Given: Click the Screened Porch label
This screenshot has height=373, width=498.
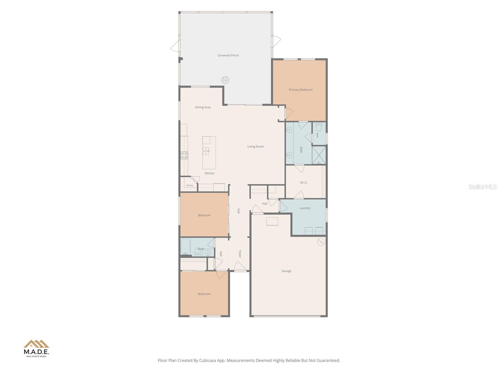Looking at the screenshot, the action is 228,55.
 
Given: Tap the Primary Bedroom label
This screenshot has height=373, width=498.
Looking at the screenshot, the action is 301,90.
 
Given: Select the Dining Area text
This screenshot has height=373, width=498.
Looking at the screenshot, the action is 203,107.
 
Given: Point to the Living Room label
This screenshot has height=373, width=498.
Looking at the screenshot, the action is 256,146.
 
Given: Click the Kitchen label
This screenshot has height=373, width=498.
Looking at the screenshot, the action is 209,173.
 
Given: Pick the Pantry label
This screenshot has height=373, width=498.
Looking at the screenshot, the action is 190,185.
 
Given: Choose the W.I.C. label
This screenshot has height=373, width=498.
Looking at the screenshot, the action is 304,182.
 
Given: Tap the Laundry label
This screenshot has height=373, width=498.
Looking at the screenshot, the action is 305,208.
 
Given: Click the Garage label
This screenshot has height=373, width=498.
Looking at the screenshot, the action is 286,271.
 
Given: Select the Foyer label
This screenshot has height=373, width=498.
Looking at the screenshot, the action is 240,254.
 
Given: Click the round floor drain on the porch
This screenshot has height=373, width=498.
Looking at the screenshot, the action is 225,80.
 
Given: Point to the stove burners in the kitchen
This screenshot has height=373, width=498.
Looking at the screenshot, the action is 184,155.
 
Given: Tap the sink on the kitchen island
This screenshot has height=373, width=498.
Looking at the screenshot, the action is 206,151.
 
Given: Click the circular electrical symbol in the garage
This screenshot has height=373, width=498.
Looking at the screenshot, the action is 321,242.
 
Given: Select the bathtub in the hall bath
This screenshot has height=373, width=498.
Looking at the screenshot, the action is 186,247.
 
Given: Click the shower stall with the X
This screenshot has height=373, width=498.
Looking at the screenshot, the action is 319,155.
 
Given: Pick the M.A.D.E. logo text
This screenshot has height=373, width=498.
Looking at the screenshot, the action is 36,352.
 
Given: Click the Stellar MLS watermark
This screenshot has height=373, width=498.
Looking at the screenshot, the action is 482,186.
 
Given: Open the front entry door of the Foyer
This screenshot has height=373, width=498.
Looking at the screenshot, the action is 240,266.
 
